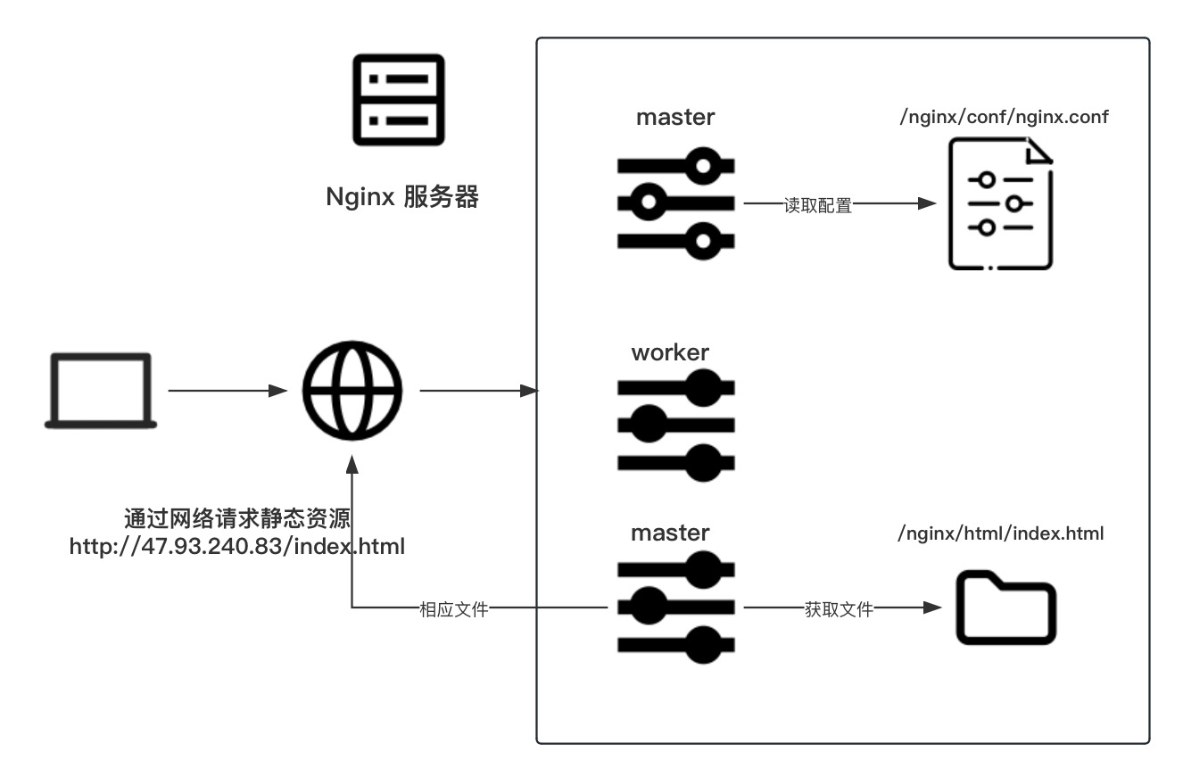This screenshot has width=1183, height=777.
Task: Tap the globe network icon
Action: point(352,391)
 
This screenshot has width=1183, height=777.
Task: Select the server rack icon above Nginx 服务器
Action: point(399,99)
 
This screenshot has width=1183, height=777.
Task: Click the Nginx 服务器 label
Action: point(402,196)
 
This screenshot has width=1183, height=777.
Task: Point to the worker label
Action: point(670,352)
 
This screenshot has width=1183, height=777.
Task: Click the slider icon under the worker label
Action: point(676,426)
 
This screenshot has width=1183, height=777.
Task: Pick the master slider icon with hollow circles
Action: point(676,203)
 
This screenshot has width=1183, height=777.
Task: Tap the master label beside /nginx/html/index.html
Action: point(670,533)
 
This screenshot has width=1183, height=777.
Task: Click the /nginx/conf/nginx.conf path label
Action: point(1004,117)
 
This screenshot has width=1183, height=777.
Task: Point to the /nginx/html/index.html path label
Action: point(1001,533)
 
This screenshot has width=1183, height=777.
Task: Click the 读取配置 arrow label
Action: point(817,205)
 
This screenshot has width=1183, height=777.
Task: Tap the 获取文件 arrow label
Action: point(839,609)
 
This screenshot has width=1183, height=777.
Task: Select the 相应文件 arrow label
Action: point(453,609)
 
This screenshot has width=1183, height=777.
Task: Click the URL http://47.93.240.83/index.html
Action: point(237,546)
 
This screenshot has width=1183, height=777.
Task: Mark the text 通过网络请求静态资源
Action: point(237,518)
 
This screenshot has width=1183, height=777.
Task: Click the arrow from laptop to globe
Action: point(227,391)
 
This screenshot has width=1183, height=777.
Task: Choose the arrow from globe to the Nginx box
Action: point(478,391)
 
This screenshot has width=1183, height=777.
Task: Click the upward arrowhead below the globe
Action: point(352,464)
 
